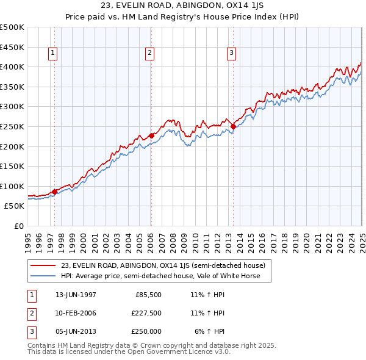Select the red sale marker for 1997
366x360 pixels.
click(x=54, y=192)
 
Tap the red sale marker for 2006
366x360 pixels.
click(x=151, y=135)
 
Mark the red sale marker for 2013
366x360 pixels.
click(x=233, y=126)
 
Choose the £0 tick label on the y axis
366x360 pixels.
click(x=18, y=226)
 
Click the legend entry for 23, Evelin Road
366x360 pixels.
click(x=162, y=265)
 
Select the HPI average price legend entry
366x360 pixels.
click(x=160, y=276)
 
